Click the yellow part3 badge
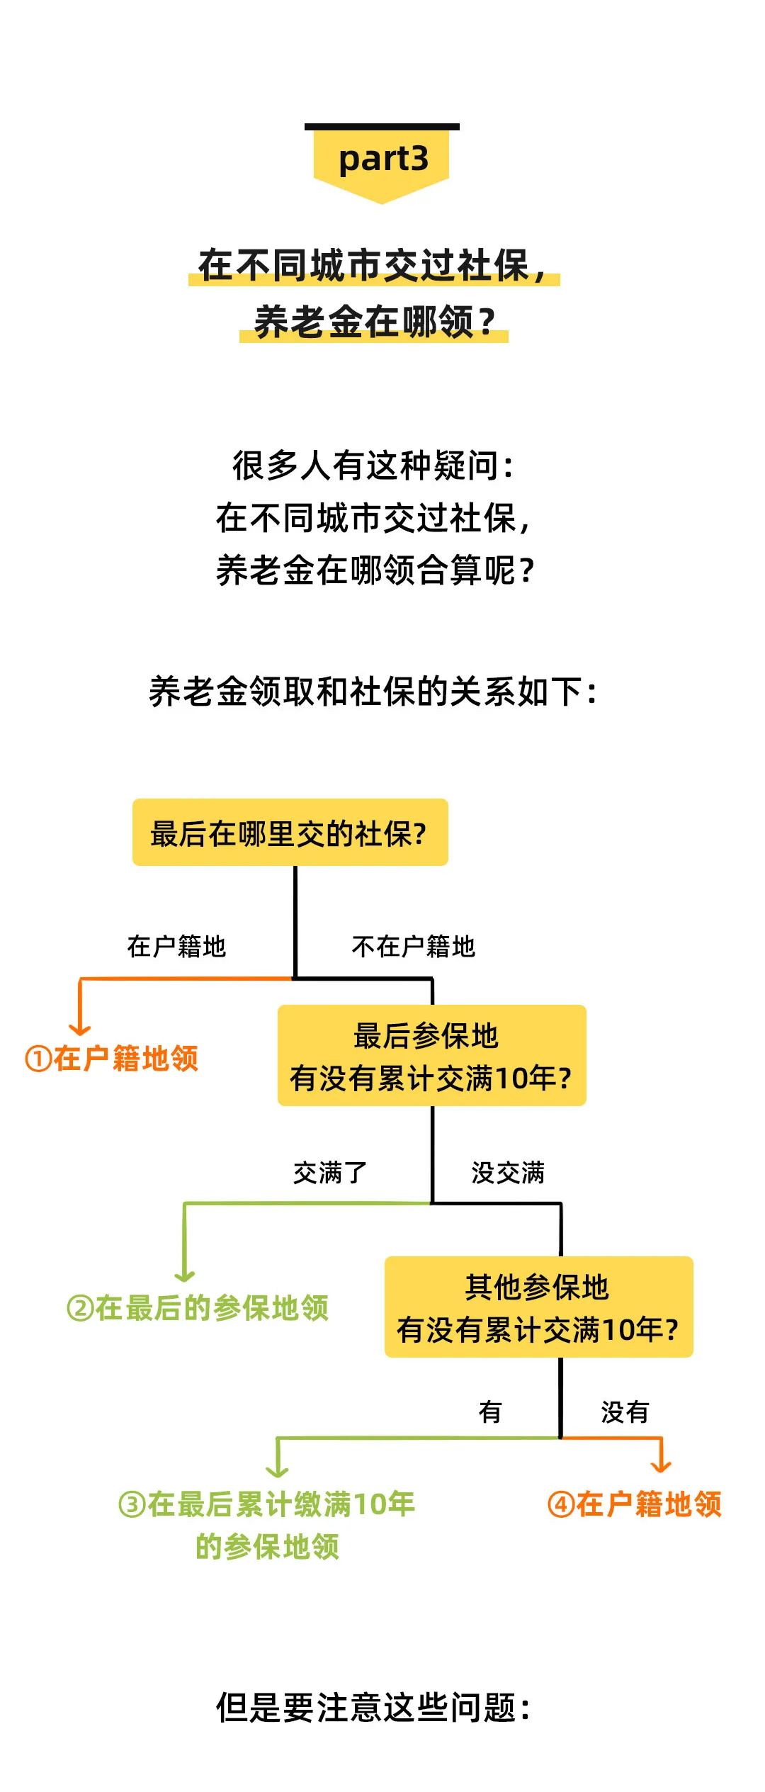point(382,160)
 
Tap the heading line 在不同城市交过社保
point(373,266)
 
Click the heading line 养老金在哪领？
point(374,322)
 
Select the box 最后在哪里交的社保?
point(290,833)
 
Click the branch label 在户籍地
point(176,947)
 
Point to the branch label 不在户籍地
point(413,947)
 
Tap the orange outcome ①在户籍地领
point(112,1059)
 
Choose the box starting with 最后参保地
point(431,1056)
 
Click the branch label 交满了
point(329,1173)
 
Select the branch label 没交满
point(508,1173)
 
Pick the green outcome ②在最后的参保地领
point(198,1308)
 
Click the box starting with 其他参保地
point(538,1307)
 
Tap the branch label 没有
point(624,1412)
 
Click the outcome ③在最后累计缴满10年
point(267,1504)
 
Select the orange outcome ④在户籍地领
point(635,1504)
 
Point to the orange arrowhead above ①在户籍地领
point(80,1029)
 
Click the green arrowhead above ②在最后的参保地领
point(185,1276)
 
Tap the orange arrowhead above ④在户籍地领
point(661,1466)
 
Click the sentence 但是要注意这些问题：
point(373,1708)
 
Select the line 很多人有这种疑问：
point(373,466)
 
